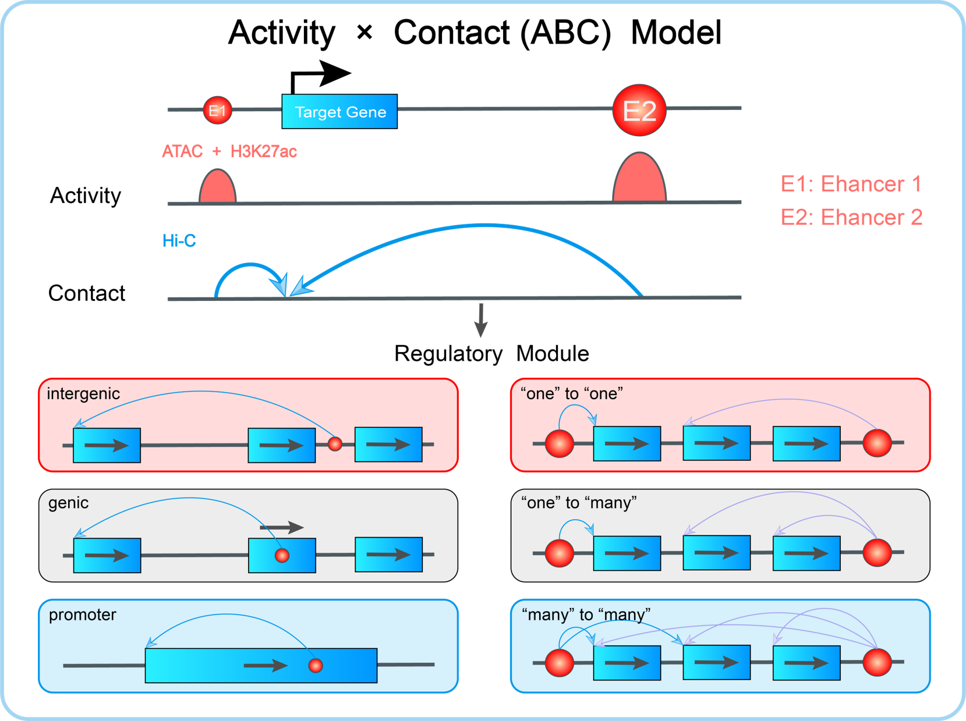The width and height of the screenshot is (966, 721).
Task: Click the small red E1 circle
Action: (217, 110)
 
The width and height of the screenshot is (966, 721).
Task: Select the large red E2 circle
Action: (639, 110)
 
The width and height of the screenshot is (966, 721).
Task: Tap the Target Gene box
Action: (339, 111)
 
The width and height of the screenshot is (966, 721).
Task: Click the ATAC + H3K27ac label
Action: (229, 152)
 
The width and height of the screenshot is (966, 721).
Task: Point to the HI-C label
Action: (179, 241)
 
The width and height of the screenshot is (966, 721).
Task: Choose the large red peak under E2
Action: (639, 178)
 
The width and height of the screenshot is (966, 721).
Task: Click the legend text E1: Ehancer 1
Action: (851, 184)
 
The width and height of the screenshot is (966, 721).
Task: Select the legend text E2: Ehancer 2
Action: (851, 218)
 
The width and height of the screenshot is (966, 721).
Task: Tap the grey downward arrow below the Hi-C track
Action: (481, 321)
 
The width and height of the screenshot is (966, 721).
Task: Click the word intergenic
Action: (83, 394)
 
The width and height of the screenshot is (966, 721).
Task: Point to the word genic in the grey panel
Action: (69, 503)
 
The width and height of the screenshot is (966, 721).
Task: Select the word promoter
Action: (83, 615)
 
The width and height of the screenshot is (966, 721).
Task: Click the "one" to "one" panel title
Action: (572, 394)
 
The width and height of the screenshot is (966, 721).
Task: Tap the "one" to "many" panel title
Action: (579, 503)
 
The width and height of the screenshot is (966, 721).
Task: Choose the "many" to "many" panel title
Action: (586, 615)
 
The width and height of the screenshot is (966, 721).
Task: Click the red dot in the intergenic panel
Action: (335, 444)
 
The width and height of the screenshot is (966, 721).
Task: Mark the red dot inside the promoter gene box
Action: (316, 665)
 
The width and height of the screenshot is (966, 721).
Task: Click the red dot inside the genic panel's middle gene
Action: (282, 556)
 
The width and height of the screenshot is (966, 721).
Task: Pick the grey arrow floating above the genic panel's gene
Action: (282, 527)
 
